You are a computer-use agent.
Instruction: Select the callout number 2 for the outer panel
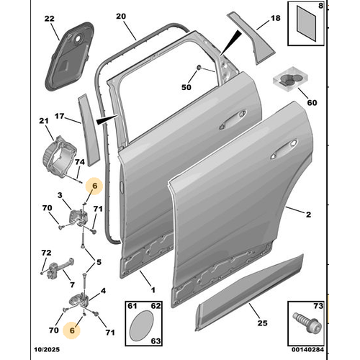pos(308,215)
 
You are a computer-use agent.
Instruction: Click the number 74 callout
pos(79,164)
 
